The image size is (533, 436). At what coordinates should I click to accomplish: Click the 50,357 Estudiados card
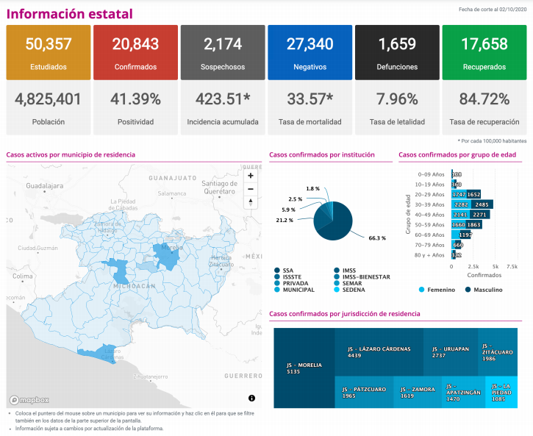pos(49,52)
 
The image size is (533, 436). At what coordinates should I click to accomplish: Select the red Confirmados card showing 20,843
pos(135,52)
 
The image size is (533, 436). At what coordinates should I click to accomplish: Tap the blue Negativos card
pos(310,52)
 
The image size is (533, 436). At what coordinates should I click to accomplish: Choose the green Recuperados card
pos(484,52)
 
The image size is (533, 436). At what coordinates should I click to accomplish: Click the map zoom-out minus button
pos(251,188)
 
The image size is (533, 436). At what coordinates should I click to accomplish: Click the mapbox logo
pos(29,400)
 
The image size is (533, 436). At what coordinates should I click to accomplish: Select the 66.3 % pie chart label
pos(377,238)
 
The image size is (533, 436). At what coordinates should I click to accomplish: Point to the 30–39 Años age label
pos(428,204)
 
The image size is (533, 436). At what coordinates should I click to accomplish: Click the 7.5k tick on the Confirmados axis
pos(512,266)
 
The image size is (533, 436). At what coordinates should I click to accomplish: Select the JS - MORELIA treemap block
pos(304,368)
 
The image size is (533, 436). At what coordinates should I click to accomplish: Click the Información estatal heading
pos(70,14)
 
